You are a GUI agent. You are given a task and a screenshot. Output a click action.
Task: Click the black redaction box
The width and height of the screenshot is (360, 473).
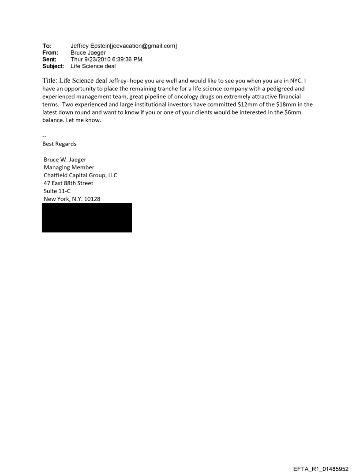coord(87,217)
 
